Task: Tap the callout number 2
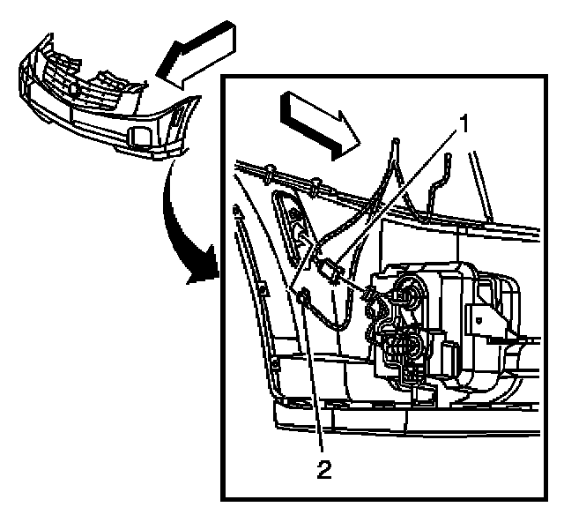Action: (x=324, y=470)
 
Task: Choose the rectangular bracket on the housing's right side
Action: (x=484, y=318)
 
